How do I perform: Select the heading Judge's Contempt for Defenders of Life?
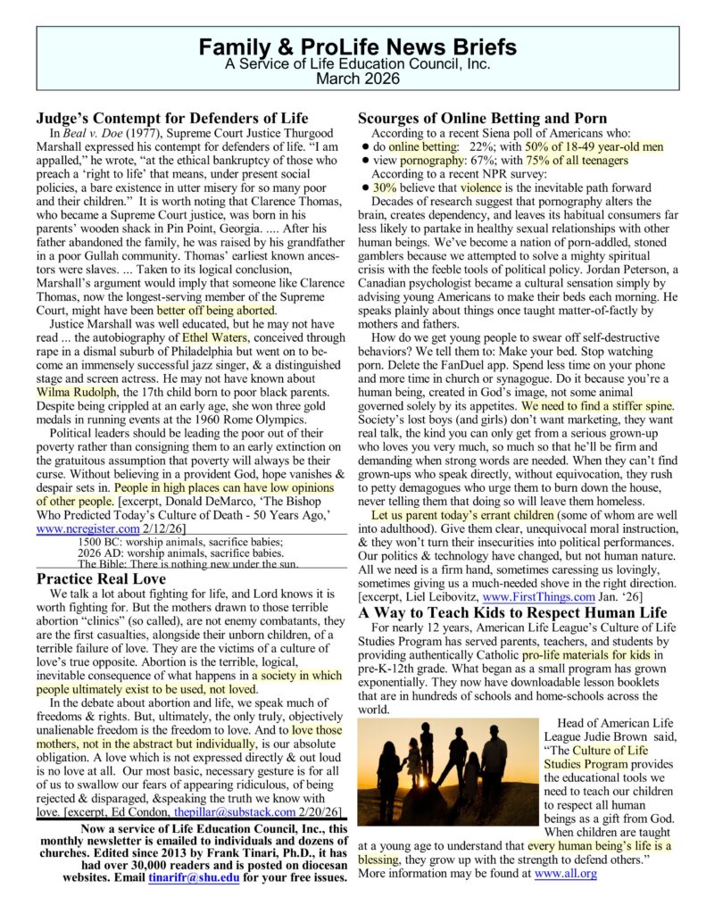point(172,118)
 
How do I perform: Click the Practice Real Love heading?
point(101,579)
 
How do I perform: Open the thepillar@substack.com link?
point(234,813)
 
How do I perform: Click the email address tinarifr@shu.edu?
point(193,877)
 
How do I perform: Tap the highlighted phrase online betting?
point(423,145)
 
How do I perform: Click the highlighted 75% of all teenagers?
point(577,160)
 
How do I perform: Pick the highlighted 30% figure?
point(385,188)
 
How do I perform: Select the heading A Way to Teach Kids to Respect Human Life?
point(512,612)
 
